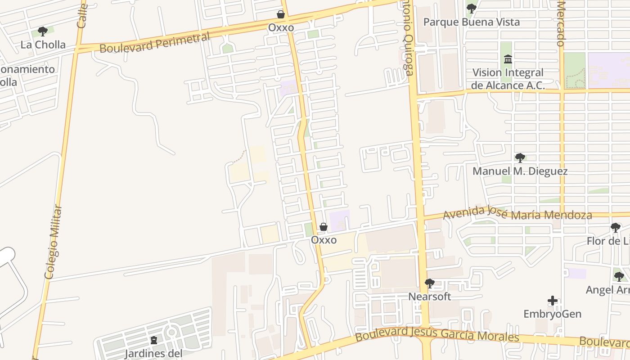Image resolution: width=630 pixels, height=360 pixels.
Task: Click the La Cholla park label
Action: pyautogui.click(x=43, y=45)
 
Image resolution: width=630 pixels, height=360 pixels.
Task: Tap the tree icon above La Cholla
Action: pyautogui.click(x=43, y=31)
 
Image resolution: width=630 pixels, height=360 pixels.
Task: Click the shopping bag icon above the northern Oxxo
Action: pyautogui.click(x=281, y=14)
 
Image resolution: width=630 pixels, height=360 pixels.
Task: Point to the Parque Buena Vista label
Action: pyautogui.click(x=471, y=22)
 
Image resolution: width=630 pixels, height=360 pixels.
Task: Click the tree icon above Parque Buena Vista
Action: pyautogui.click(x=471, y=8)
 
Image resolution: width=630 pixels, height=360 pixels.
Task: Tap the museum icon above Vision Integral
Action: pyautogui.click(x=508, y=59)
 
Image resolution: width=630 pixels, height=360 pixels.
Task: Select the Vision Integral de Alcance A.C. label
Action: pyautogui.click(x=508, y=79)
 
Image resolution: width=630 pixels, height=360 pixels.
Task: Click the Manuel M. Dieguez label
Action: pyautogui.click(x=520, y=171)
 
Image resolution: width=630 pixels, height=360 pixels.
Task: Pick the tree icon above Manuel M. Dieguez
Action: pyautogui.click(x=520, y=158)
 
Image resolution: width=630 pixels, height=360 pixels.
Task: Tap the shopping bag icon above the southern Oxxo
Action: pyautogui.click(x=323, y=227)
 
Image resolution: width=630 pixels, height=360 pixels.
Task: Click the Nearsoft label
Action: pyautogui.click(x=429, y=297)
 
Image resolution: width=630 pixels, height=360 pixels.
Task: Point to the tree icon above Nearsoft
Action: pyautogui.click(x=429, y=283)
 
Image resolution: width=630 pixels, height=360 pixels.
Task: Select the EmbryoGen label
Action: pyautogui.click(x=552, y=314)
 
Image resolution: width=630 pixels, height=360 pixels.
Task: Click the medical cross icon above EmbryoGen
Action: pyautogui.click(x=553, y=301)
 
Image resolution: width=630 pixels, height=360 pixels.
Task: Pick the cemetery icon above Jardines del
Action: pyautogui.click(x=154, y=340)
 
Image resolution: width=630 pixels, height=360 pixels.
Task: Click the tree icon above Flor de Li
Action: pyautogui.click(x=615, y=228)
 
